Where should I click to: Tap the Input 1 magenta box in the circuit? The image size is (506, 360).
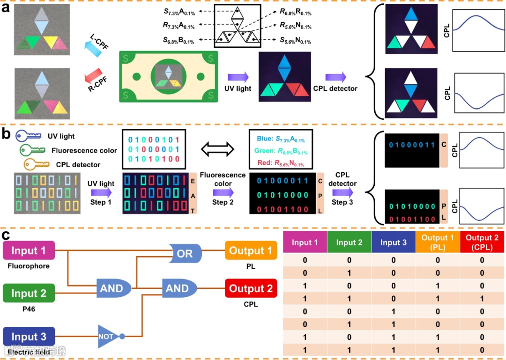29,251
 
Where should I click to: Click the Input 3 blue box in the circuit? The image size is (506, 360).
29,337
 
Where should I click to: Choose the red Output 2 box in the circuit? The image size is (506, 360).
251,288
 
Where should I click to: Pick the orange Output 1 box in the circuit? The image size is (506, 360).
251,251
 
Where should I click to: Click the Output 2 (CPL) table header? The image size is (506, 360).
482,243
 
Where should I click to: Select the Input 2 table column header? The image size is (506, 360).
349,243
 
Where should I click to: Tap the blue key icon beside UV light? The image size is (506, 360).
28,136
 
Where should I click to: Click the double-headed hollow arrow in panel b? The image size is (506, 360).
217,149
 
